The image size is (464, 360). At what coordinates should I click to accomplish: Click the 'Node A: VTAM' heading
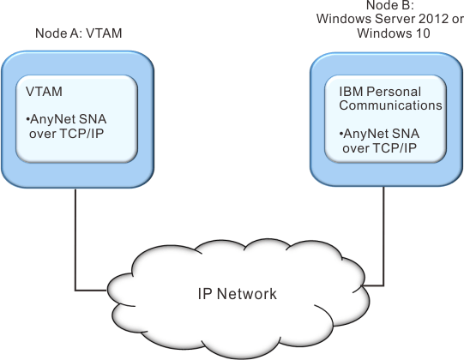(x=78, y=33)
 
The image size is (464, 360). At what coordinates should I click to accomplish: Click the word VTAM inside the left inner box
(x=44, y=92)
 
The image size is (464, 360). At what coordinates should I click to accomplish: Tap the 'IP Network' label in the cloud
(x=237, y=294)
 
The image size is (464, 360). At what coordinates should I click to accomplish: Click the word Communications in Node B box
(x=390, y=105)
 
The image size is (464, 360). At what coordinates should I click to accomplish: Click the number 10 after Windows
(x=423, y=33)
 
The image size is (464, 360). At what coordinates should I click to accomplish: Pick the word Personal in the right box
(x=394, y=92)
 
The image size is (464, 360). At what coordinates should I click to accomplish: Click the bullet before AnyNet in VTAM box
(x=27, y=119)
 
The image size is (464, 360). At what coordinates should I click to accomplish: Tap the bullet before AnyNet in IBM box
(x=341, y=134)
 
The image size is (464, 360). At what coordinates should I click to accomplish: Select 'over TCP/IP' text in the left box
(x=67, y=134)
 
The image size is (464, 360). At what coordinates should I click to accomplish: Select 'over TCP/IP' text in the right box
(x=380, y=148)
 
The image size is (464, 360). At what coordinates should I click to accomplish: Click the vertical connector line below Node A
(x=75, y=240)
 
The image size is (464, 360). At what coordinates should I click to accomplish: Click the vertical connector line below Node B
(x=383, y=236)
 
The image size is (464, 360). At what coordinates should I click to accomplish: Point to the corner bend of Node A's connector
(x=75, y=291)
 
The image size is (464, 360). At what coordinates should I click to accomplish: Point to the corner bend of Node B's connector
(x=383, y=285)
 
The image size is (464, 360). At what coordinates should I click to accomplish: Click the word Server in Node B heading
(x=395, y=19)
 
